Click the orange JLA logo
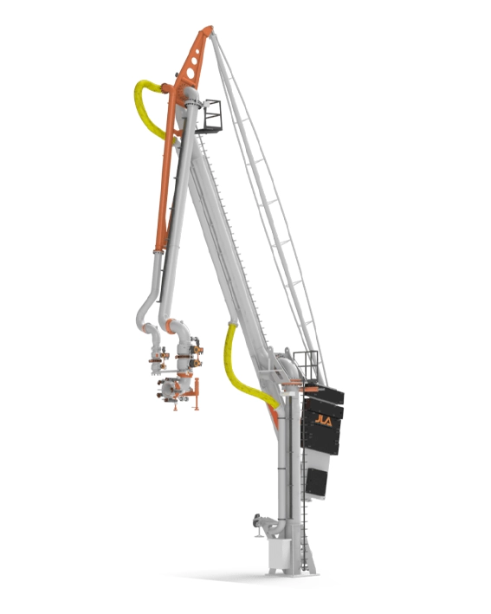coord(324,422)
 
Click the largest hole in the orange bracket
coord(191,74)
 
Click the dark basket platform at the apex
coord(210,117)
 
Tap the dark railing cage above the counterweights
coord(306,365)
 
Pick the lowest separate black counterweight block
coord(316,482)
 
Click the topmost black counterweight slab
coord(324,393)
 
